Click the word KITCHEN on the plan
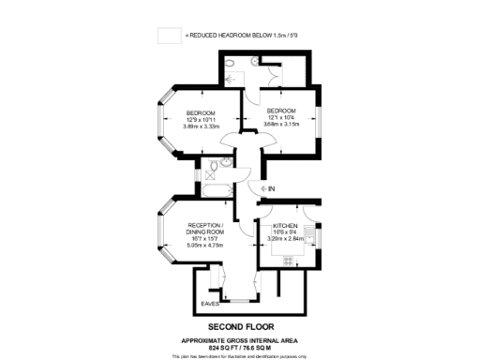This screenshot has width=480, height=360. (285, 227)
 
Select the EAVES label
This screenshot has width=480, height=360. (210, 303)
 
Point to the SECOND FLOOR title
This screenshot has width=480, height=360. (240, 326)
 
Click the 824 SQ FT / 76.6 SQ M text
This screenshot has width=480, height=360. (240, 347)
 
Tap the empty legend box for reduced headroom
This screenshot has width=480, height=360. (169, 35)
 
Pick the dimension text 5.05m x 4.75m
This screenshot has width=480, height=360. (205, 246)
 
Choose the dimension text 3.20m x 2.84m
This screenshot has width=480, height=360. (287, 238)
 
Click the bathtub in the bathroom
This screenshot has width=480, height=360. (217, 191)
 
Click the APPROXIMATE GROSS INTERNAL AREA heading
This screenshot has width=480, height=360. (240, 338)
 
